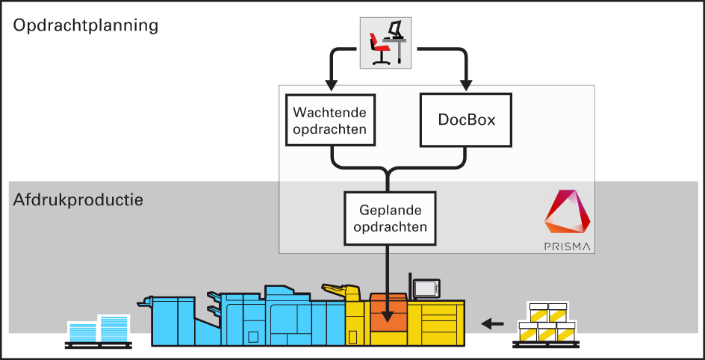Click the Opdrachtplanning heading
pyautogui.click(x=86, y=25)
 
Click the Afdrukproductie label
pyautogui.click(x=78, y=200)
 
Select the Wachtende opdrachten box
pyautogui.click(x=330, y=120)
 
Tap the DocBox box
pyautogui.click(x=467, y=120)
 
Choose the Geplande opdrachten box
pyautogui.click(x=388, y=218)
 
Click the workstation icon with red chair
pyautogui.click(x=387, y=42)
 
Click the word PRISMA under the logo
pyautogui.click(x=568, y=246)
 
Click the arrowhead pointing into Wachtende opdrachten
pyautogui.click(x=330, y=84)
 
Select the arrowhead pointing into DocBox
pyautogui.click(x=467, y=84)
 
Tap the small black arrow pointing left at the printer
pyautogui.click(x=491, y=323)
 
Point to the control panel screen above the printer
pyautogui.click(x=427, y=288)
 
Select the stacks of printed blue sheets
pyautogui.click(x=99, y=329)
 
